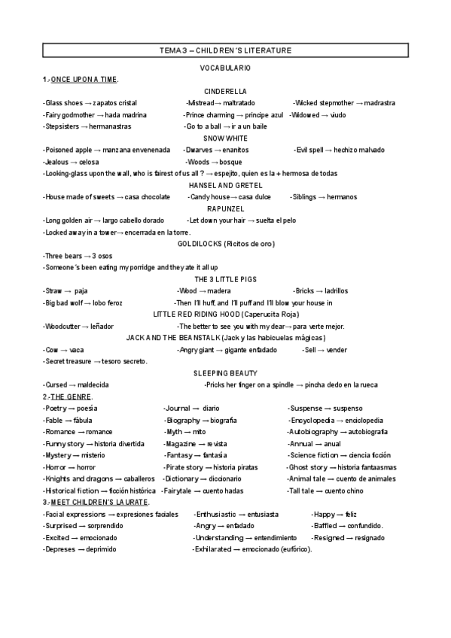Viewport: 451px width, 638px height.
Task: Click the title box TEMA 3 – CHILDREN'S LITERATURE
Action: click(225, 50)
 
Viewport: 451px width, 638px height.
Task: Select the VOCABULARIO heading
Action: click(225, 68)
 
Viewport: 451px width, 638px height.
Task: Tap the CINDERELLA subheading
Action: click(225, 91)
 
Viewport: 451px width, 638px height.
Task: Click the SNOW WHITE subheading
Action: click(225, 138)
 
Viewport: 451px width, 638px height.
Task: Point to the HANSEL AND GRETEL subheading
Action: click(225, 185)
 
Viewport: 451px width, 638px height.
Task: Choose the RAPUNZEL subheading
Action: click(225, 208)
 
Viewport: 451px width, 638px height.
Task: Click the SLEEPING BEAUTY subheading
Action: click(225, 373)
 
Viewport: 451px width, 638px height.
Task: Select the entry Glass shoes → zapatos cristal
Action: click(90, 103)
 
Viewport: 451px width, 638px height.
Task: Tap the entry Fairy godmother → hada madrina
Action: click(94, 115)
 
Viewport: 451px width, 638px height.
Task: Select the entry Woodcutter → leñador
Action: click(78, 327)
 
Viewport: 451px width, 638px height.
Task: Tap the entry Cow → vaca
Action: click(63, 350)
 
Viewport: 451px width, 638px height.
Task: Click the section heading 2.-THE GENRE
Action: click(68, 396)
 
